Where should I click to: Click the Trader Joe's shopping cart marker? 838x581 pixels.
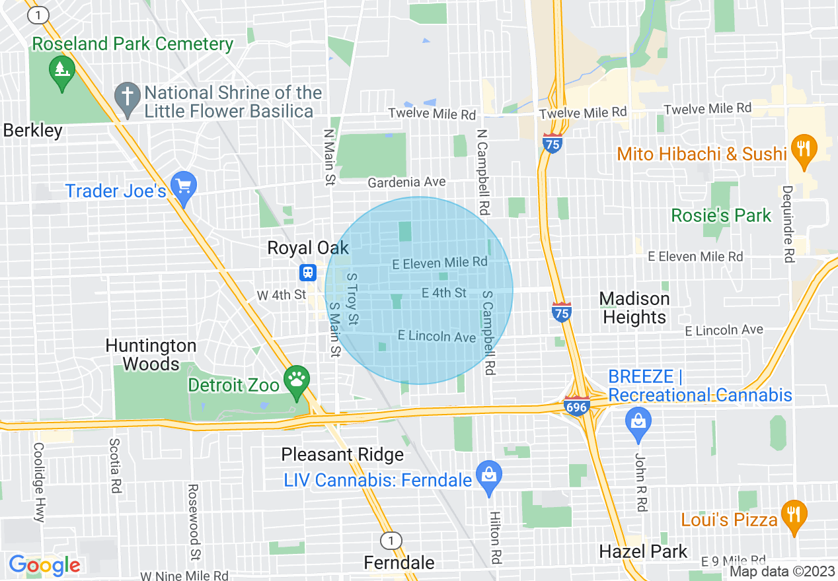point(183,189)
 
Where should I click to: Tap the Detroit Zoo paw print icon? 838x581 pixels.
point(296,382)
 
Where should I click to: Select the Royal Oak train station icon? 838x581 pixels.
point(307,272)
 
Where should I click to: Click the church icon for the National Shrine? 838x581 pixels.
point(126,96)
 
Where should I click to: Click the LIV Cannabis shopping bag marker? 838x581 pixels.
point(488,477)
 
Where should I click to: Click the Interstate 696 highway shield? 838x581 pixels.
point(576,406)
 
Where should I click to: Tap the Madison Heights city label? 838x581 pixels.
point(634,308)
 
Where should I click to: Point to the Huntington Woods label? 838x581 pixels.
point(151,355)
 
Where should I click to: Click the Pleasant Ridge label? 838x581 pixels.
point(342,455)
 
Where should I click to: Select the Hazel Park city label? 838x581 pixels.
point(643,551)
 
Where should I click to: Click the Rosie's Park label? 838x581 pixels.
point(721,215)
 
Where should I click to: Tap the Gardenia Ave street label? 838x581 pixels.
point(406,182)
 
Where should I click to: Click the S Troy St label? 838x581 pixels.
point(352,299)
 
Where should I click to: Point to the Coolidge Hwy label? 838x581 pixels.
point(38,481)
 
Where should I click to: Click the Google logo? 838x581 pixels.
point(44,566)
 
